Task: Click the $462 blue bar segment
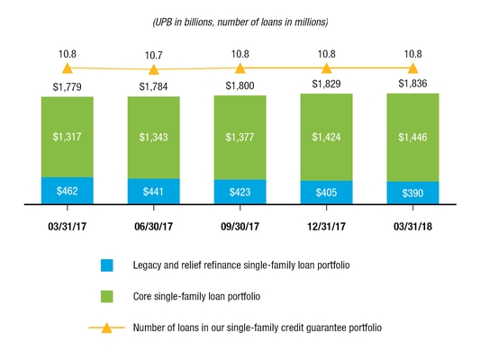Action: point(68,191)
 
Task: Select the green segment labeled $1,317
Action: point(68,137)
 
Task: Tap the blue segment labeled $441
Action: point(154,192)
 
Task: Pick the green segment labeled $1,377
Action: point(240,137)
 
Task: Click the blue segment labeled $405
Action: point(326,193)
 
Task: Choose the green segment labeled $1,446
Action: point(412,137)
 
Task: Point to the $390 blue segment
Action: point(412,193)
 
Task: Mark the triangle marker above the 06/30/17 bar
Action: point(154,68)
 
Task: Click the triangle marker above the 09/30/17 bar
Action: point(240,67)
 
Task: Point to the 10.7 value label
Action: point(154,55)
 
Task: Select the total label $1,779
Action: point(68,85)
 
